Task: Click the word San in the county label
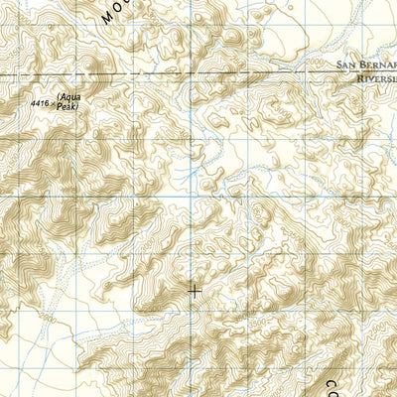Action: [x=350, y=66]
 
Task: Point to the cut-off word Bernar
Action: [x=381, y=66]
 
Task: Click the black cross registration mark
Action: [x=195, y=291]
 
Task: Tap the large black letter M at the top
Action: [x=109, y=14]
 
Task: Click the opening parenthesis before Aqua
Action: [x=60, y=96]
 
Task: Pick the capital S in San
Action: [x=342, y=66]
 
